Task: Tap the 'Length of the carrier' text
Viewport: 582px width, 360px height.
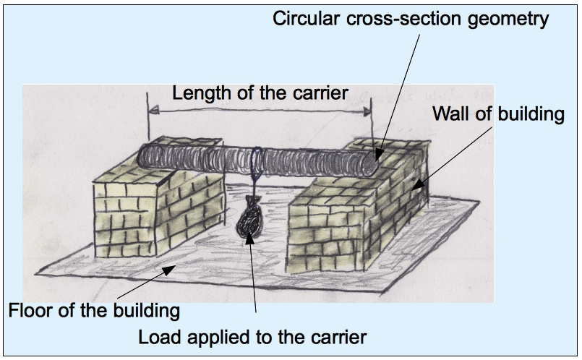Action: pyautogui.click(x=260, y=93)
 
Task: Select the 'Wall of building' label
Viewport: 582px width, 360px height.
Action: pyautogui.click(x=497, y=114)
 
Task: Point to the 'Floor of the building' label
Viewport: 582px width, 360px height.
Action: pyautogui.click(x=93, y=313)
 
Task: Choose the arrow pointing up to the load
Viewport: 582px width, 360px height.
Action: pyautogui.click(x=253, y=275)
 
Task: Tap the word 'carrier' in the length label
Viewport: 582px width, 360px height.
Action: pyautogui.click(x=323, y=93)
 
